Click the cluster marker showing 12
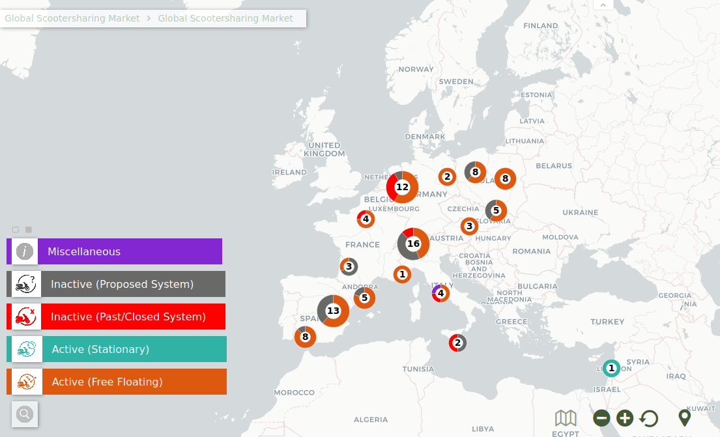(x=402, y=187)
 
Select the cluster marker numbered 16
(x=413, y=244)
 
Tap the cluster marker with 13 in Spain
(x=333, y=311)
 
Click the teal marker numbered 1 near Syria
(x=611, y=368)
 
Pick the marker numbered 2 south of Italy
(x=457, y=343)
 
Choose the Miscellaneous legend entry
(x=115, y=251)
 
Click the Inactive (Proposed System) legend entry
(x=116, y=284)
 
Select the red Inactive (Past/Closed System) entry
(x=116, y=317)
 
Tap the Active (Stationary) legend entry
(x=117, y=349)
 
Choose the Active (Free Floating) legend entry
(x=117, y=382)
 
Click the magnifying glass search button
(x=25, y=414)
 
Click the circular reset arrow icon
(x=648, y=418)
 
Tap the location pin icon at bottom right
(x=684, y=417)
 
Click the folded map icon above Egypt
(x=566, y=417)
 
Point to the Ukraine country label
(x=580, y=212)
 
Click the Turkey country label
(x=607, y=322)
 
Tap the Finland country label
(x=541, y=26)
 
